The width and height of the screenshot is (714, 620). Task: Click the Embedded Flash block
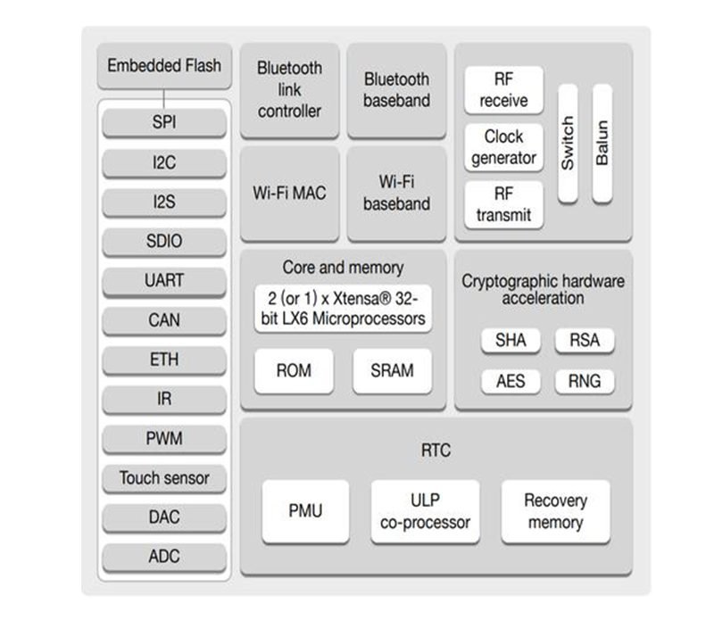[164, 66]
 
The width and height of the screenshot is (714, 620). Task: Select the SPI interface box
[164, 122]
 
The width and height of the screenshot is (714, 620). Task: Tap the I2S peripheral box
[164, 203]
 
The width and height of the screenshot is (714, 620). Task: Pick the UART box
[164, 281]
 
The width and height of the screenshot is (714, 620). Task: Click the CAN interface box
[164, 320]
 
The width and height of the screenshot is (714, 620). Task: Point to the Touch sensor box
[164, 478]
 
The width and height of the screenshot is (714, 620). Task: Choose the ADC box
[164, 557]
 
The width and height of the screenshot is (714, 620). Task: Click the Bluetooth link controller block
[289, 90]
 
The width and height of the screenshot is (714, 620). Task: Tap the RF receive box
[503, 90]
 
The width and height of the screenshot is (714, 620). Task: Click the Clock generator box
[503, 147]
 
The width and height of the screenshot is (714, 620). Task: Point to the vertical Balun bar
[602, 142]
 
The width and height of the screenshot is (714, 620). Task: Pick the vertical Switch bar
[568, 142]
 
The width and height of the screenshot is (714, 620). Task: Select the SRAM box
[392, 370]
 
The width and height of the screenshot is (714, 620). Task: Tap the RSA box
[585, 340]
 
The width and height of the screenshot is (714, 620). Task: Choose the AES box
[511, 382]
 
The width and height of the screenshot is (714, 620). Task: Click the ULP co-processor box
[425, 511]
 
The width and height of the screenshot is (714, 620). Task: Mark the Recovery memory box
[555, 511]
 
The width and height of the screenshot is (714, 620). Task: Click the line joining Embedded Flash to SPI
[164, 96]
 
